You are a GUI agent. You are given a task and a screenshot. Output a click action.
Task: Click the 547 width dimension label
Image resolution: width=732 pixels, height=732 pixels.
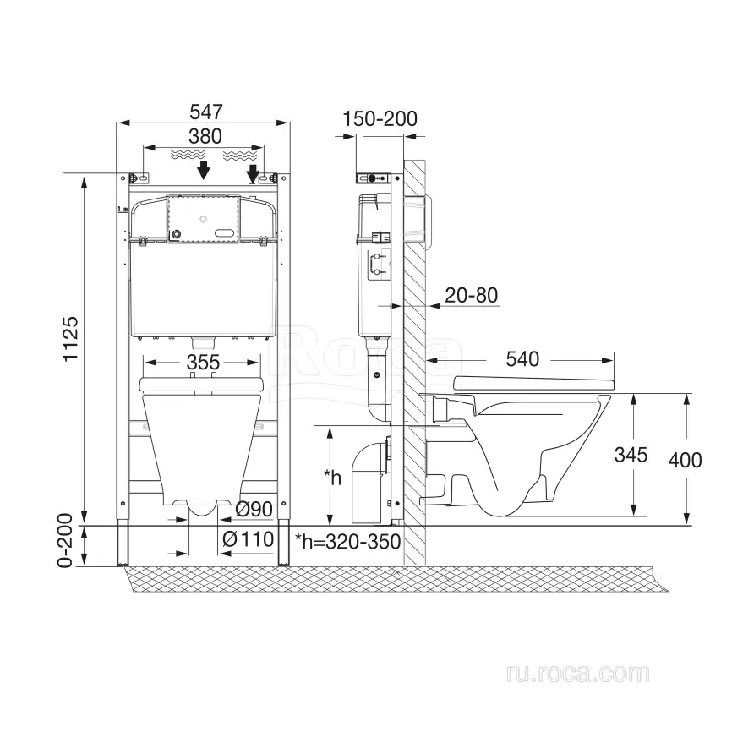point(206,112)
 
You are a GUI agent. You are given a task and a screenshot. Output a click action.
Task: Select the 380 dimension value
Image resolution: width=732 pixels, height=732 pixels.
point(205,137)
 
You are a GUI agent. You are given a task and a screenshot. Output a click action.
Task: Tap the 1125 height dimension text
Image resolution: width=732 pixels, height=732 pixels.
point(71,339)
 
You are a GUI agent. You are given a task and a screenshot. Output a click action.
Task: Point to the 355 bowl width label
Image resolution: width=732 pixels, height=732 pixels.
point(203,363)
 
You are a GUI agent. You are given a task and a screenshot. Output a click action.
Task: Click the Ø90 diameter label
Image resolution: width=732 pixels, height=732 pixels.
point(254,510)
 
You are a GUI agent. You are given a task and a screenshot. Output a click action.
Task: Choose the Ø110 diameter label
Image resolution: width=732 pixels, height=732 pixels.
point(249,539)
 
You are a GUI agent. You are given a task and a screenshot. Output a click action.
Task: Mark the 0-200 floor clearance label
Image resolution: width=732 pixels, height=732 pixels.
point(65,541)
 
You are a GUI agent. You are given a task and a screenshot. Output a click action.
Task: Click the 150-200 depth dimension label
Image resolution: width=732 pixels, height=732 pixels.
point(380,119)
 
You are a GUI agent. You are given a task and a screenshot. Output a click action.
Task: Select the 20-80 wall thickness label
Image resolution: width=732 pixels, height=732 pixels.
point(471,296)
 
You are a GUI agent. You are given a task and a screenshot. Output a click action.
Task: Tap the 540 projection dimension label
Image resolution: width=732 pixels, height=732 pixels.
point(522,359)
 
